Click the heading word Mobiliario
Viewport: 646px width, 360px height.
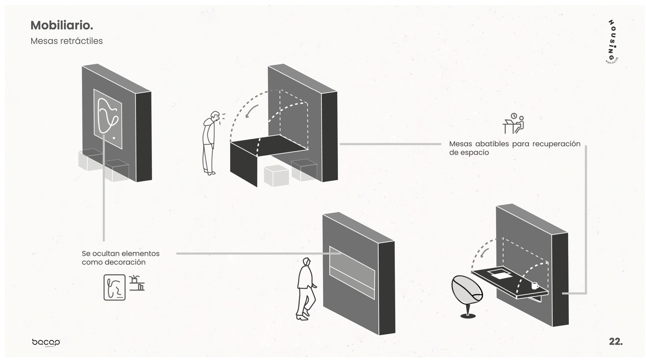(x=62, y=25)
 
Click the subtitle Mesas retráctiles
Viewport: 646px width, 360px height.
(x=67, y=41)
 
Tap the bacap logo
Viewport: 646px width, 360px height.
(x=46, y=342)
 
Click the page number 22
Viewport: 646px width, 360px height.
(x=615, y=342)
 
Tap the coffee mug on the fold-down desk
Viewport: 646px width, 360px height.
(x=534, y=286)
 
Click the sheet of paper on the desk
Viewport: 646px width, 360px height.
(x=499, y=274)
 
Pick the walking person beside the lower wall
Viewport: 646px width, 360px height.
(x=306, y=288)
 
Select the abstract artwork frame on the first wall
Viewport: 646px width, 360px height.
(x=108, y=118)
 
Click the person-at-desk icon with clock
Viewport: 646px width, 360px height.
(x=514, y=123)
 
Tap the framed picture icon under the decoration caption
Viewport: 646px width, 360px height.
(x=115, y=287)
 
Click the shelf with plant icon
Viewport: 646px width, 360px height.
(x=137, y=283)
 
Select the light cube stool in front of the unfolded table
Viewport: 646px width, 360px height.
(x=276, y=176)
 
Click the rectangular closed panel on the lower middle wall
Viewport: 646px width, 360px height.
(x=352, y=272)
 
